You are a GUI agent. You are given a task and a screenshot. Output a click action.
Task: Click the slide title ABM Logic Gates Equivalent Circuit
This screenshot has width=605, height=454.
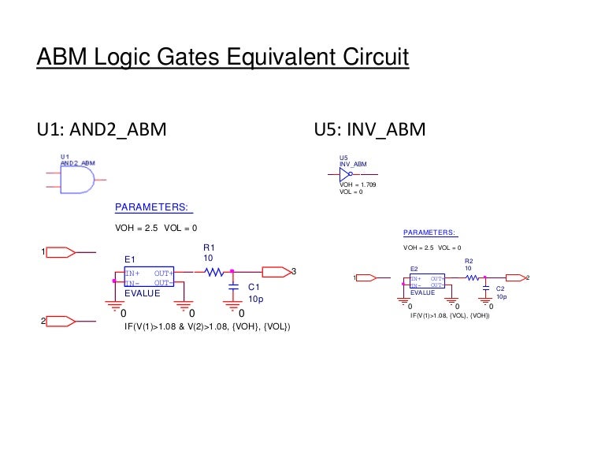click(223, 58)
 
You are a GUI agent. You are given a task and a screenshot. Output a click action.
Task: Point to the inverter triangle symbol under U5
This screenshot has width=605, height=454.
click(346, 173)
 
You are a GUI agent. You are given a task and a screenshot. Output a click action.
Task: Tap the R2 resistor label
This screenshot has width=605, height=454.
click(469, 261)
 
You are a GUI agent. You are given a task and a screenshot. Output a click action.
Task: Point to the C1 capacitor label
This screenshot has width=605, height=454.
click(254, 288)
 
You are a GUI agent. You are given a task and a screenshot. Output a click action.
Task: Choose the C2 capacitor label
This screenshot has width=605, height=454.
click(500, 288)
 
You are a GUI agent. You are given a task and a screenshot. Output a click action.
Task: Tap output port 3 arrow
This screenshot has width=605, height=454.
click(276, 272)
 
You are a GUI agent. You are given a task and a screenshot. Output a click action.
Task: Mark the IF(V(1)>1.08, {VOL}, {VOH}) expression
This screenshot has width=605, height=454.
click(451, 315)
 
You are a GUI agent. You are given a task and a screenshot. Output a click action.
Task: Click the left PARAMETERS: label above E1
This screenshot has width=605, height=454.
click(153, 207)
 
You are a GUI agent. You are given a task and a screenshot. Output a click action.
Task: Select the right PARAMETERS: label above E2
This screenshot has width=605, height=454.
click(429, 233)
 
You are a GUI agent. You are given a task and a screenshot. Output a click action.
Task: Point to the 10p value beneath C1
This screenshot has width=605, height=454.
click(255, 300)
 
